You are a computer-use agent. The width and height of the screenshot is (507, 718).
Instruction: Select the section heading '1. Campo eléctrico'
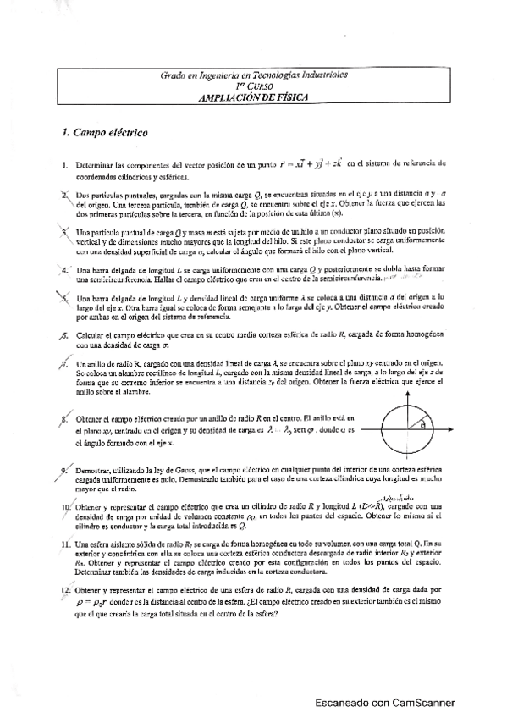pos(100,133)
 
